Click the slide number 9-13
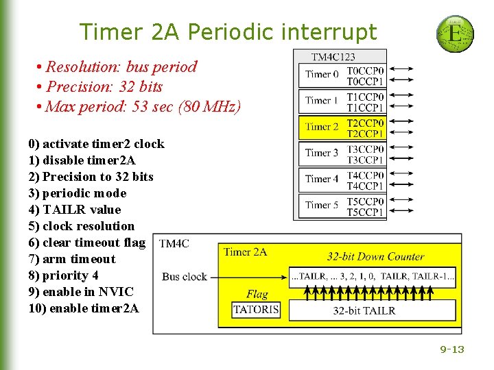tap(452, 349)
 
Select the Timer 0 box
tap(322, 74)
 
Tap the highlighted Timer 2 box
tap(322, 127)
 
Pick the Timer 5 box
tap(322, 205)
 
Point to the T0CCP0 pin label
tap(365, 70)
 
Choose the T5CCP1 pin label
tap(365, 212)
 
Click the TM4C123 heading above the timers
tap(333, 57)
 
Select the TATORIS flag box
tap(257, 310)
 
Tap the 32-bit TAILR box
tap(364, 310)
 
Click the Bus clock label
tap(185, 277)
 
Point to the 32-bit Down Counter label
tap(375, 257)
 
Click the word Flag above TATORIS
tap(257, 294)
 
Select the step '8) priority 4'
tap(63, 275)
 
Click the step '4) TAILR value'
tap(74, 210)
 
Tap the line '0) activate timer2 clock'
tap(96, 144)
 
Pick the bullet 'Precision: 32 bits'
tap(104, 87)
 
